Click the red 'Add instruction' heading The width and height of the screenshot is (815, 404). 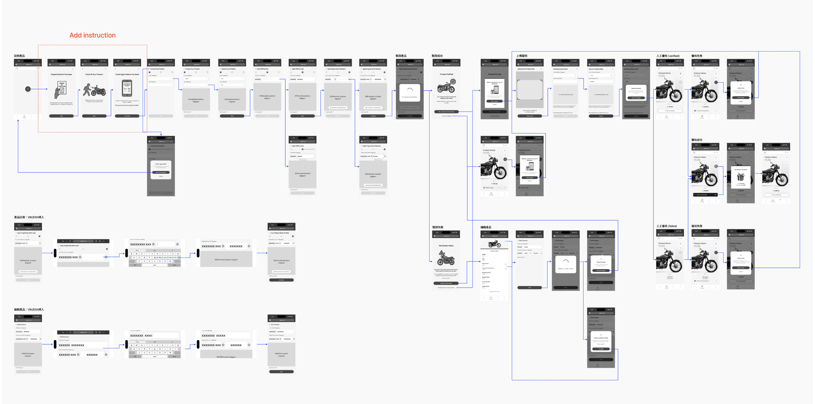click(92, 35)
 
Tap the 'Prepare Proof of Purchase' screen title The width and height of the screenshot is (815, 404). click(61, 74)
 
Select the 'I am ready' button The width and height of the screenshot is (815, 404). click(127, 116)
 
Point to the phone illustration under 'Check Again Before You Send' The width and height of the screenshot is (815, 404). click(127, 88)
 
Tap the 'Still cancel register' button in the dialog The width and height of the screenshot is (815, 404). click(161, 172)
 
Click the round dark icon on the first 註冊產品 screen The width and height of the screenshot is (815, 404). click(28, 89)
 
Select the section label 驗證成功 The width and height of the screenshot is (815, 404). click(437, 56)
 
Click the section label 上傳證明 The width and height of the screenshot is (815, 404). click(522, 56)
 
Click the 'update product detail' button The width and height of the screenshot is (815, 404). click(446, 283)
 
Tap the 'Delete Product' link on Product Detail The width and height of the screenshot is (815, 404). click(494, 292)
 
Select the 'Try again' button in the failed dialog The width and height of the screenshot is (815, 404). click(601, 349)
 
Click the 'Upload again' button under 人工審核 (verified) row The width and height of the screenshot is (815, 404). click(741, 98)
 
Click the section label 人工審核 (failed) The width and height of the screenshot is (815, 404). click(667, 226)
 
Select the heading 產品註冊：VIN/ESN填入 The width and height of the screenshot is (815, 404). click(29, 217)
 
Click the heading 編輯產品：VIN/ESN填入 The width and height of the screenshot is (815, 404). click(29, 309)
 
